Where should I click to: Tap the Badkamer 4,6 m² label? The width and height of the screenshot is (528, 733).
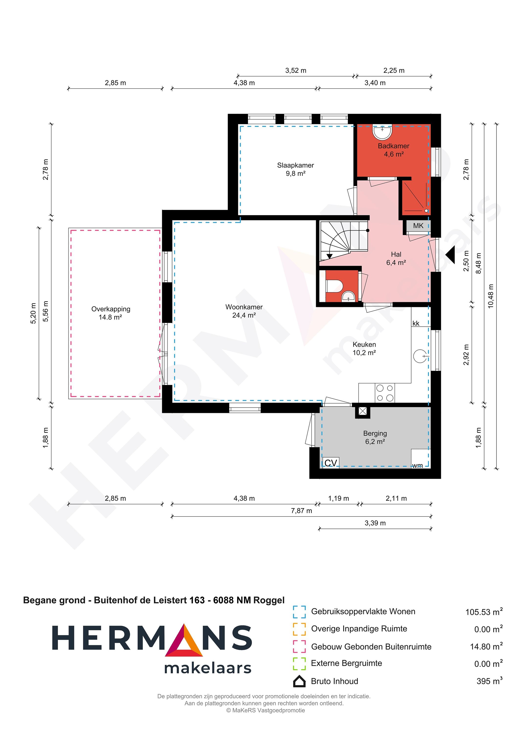pyautogui.click(x=393, y=150)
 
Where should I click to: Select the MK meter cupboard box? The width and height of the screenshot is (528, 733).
pyautogui.click(x=418, y=226)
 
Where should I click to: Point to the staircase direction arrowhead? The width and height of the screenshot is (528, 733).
pyautogui.click(x=330, y=256)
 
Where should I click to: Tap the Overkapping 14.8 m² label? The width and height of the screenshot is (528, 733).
pyautogui.click(x=110, y=313)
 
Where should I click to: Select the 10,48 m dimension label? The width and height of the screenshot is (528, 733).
pyautogui.click(x=491, y=296)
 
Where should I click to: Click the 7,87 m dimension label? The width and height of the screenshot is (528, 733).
pyautogui.click(x=301, y=511)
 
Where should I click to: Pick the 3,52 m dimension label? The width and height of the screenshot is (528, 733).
pyautogui.click(x=296, y=70)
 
